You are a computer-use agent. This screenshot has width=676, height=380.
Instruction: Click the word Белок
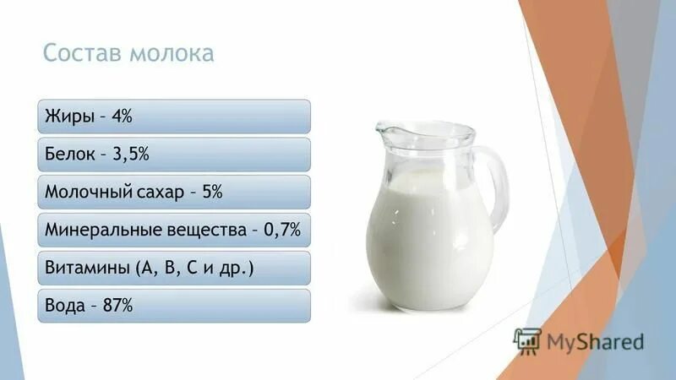coord(71,155)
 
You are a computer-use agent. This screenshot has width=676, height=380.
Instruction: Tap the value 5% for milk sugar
coord(212,193)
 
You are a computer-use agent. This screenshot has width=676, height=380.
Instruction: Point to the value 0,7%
coord(282,230)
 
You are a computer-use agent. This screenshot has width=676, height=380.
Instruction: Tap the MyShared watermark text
coord(595,342)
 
